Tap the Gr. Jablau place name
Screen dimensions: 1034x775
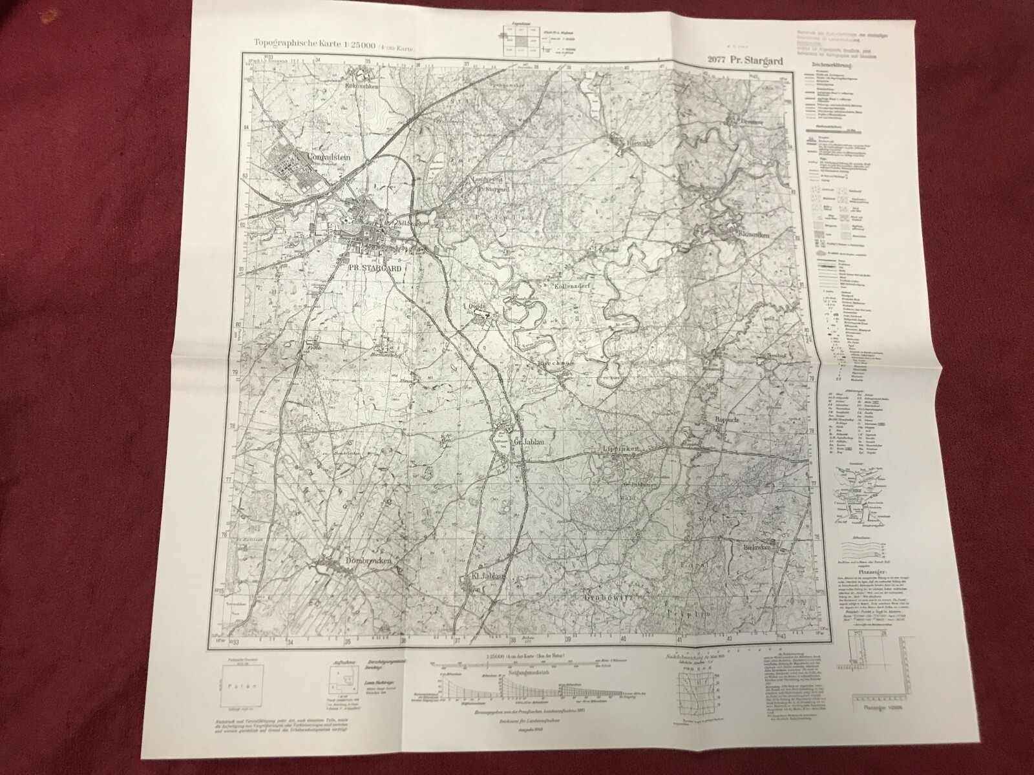click(x=527, y=442)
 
